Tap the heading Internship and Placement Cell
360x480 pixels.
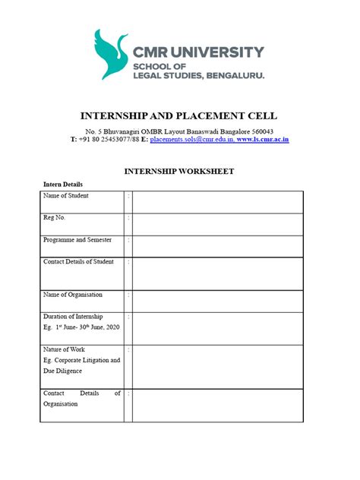[179, 115]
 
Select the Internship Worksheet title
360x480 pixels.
[179, 171]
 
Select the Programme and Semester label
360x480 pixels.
[77, 240]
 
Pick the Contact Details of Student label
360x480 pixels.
[79, 262]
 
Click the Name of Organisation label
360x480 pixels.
[73, 295]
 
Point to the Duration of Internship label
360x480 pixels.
[74, 316]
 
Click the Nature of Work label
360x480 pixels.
[65, 349]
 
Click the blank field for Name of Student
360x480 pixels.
[218, 202]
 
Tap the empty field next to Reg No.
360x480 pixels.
[218, 224]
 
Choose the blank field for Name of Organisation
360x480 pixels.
[218, 301]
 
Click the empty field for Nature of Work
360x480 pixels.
[218, 366]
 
